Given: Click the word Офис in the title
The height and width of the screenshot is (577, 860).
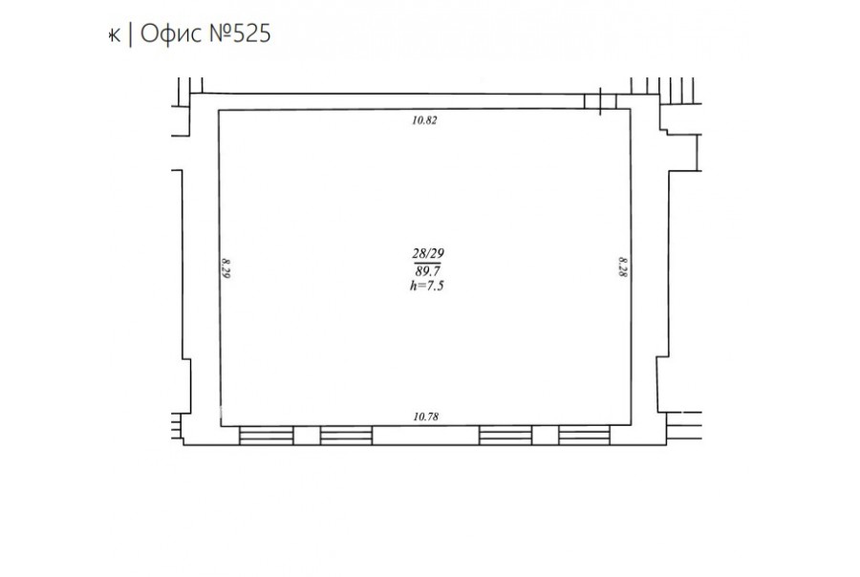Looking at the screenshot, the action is [x=171, y=33].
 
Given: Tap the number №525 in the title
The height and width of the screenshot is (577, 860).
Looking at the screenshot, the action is [x=240, y=33].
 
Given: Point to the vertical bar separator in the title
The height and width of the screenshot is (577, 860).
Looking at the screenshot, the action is [x=131, y=34].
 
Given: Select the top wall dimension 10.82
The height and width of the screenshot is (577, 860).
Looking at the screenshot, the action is [x=424, y=120].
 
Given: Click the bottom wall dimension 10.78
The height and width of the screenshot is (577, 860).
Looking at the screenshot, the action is [x=425, y=417].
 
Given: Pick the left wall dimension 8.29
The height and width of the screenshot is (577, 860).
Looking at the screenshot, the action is [x=226, y=268].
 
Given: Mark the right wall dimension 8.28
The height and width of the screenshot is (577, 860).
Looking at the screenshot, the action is [x=623, y=267].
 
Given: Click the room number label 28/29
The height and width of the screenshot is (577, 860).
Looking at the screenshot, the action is [x=428, y=253].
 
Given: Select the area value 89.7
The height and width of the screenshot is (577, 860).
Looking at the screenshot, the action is [x=428, y=271].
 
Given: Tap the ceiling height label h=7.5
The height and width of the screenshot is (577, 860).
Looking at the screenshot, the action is [x=427, y=286].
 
